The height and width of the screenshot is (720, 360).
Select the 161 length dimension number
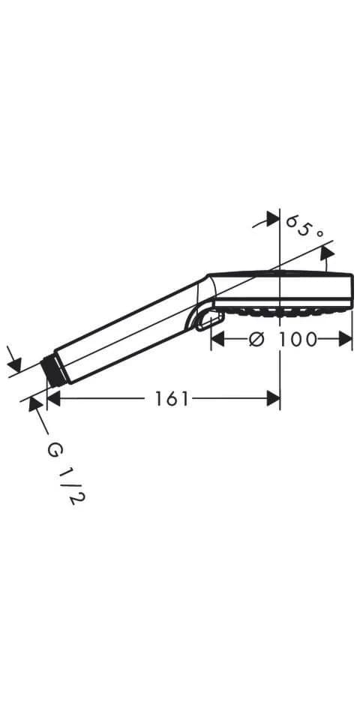[x=172, y=398]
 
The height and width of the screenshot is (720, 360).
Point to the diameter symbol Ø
[x=256, y=339]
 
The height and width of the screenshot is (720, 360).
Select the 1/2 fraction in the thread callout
[x=71, y=487]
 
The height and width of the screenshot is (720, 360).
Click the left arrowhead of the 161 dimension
[x=54, y=398]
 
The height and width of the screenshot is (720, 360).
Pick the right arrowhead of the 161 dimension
[x=273, y=398]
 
